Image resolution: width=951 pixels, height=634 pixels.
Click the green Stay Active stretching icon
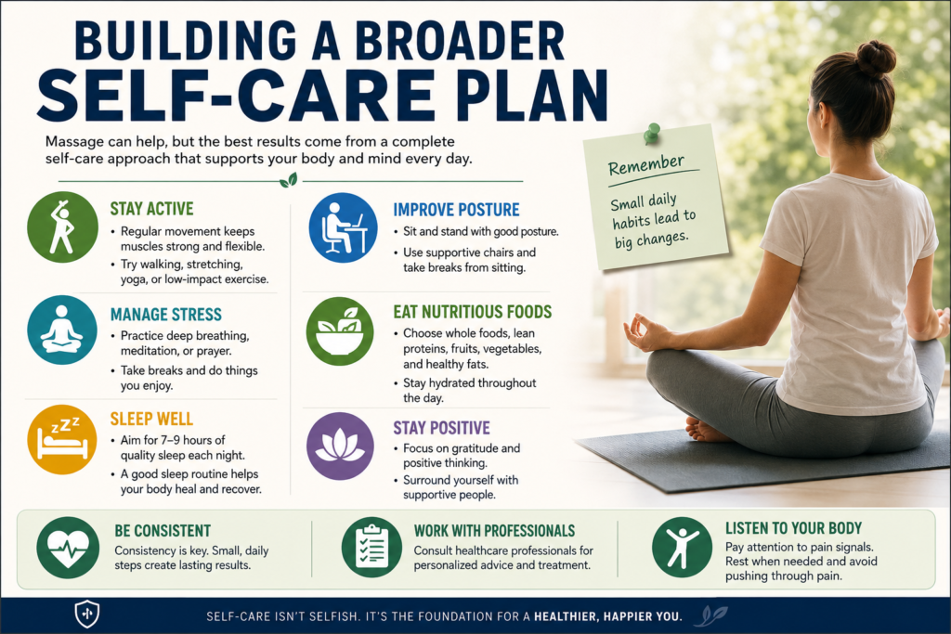pos(62,227)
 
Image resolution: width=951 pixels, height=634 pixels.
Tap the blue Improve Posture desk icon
pos(344,227)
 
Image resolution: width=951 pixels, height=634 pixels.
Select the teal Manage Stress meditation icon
pos(62,330)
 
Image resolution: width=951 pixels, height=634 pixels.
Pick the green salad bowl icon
pos(340,331)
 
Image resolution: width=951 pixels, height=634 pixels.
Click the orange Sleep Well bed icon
pos(62,439)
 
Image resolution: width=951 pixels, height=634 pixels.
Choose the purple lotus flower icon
pos(340,446)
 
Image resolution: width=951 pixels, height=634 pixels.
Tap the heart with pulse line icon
pos(68,548)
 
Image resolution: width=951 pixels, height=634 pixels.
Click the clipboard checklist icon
pos(371,548)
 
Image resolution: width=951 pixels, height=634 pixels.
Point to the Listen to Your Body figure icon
pos(683,548)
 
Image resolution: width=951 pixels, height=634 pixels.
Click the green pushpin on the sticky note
pos(652,133)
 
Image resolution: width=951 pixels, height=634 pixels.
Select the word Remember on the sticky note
pos(646,163)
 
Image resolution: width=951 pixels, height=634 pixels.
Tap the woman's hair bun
pos(876,58)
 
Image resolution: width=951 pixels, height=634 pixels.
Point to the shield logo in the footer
pos(86,614)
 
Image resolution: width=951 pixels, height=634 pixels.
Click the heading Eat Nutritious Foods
pos(473,312)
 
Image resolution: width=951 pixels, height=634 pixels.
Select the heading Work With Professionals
pos(494,531)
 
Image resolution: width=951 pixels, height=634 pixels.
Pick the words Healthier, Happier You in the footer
pos(607,617)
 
